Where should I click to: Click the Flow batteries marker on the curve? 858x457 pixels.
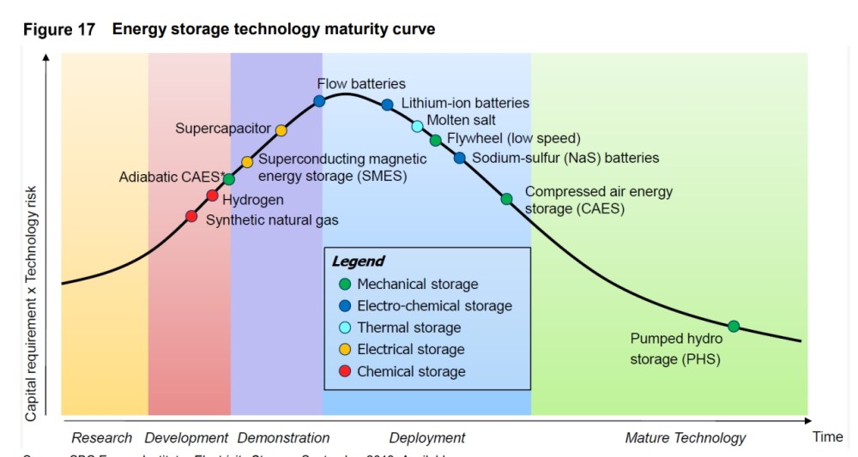tap(319, 101)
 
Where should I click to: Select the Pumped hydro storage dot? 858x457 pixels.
tap(734, 327)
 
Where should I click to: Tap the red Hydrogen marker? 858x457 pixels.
tap(212, 195)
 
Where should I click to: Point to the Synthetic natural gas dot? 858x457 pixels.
tap(191, 216)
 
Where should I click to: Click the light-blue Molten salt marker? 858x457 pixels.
tap(418, 127)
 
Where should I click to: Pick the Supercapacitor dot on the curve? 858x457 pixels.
tap(281, 130)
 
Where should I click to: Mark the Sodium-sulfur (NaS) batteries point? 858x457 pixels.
tap(459, 158)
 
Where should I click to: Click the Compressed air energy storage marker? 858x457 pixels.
tap(506, 199)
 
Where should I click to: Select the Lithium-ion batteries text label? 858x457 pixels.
tap(465, 103)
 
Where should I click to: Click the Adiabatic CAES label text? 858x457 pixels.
tap(172, 178)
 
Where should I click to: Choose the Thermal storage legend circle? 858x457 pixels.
tap(344, 328)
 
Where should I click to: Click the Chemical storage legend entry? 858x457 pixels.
tap(411, 372)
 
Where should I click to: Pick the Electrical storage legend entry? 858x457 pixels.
tap(410, 350)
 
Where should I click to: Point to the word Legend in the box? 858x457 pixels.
tap(358, 262)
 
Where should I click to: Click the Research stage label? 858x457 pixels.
tap(101, 438)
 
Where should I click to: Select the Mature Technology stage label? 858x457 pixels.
tap(686, 438)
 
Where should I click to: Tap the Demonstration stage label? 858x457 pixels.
tap(283, 438)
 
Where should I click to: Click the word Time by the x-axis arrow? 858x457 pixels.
tap(828, 437)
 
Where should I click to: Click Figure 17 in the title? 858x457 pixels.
tap(59, 29)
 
